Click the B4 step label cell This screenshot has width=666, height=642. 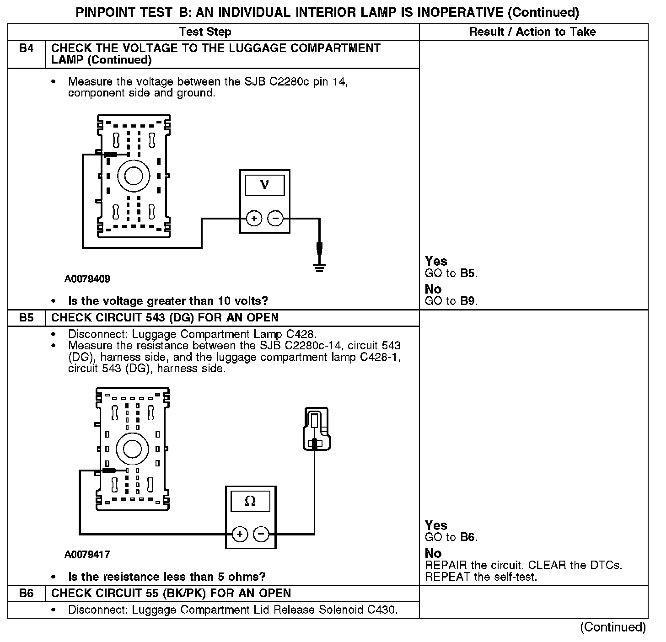pos(27,48)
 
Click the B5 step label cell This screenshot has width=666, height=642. pos(27,318)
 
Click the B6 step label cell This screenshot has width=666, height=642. pos(27,594)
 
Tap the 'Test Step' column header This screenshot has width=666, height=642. pos(205,32)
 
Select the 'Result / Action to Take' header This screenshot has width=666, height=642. pos(533,32)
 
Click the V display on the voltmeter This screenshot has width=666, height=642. pos(264,185)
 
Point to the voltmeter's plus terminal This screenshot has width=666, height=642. pos(254,219)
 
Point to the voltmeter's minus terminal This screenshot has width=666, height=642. pos(275,219)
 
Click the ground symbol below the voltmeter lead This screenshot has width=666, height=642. pos(319,267)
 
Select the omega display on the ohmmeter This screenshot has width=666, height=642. pos(250,501)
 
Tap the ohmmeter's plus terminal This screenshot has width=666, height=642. pos(240,534)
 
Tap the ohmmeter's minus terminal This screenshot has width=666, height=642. pos(261,534)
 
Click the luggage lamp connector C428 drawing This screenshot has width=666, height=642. pos(316,429)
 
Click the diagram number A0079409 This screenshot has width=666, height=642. pos(87,279)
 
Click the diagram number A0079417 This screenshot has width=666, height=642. pos(87,555)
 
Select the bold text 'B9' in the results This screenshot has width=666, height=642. pos(469,301)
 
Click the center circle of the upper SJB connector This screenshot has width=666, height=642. pos(134,176)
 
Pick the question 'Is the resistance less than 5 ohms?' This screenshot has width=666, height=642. pos(167,577)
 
